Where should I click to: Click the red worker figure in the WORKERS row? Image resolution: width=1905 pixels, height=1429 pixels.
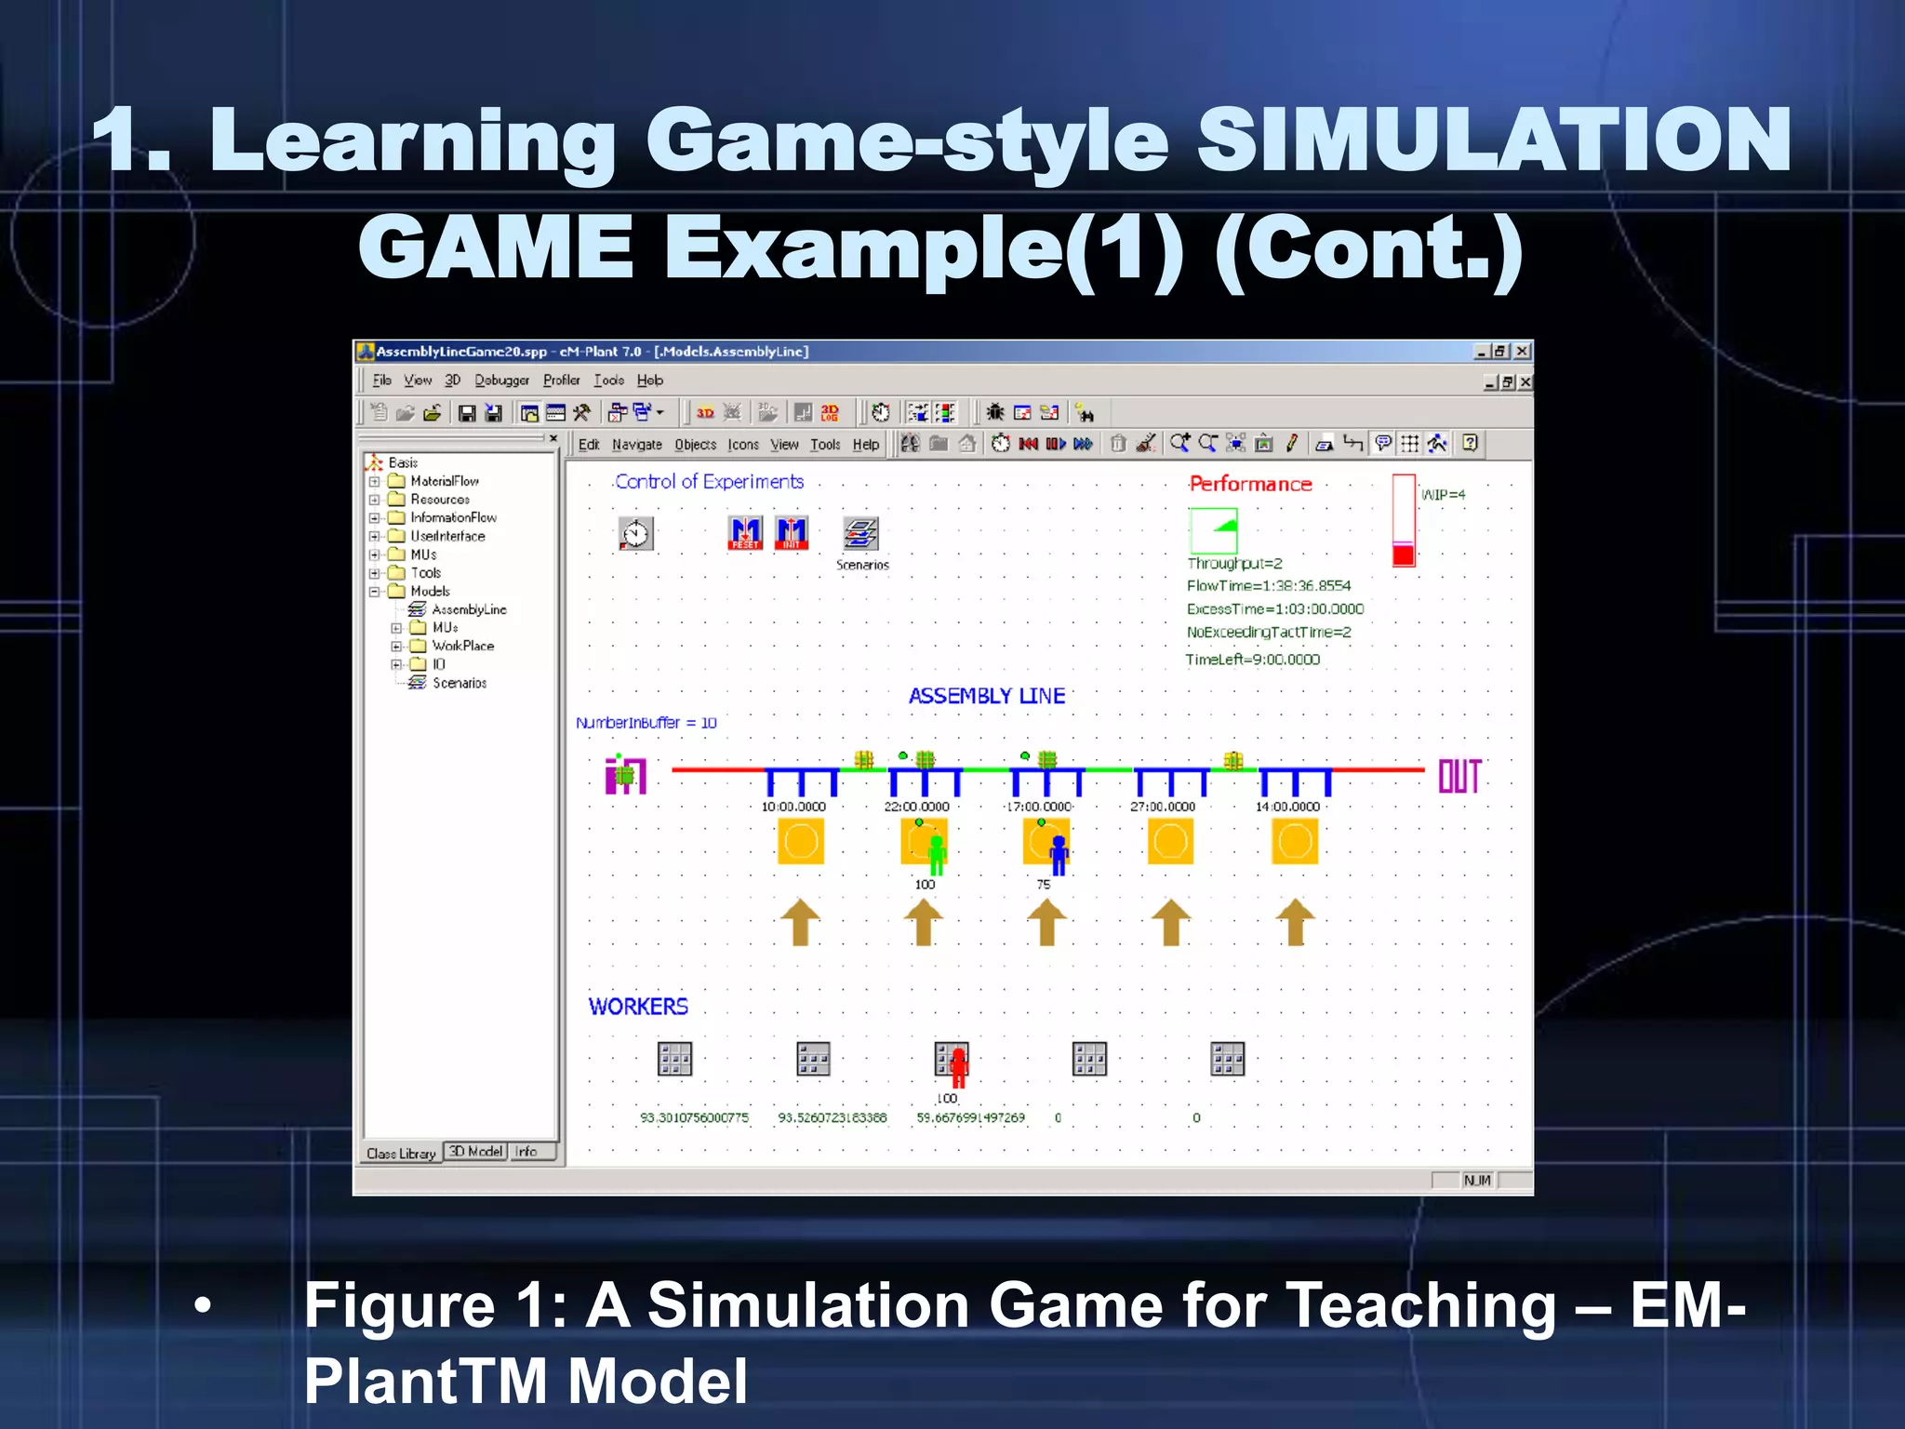coord(958,1066)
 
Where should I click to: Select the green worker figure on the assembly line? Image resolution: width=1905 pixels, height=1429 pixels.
coord(937,854)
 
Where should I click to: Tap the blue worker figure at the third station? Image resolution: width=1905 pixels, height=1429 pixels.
coord(1059,854)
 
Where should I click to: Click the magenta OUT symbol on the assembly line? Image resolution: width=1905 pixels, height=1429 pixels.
coord(1459,776)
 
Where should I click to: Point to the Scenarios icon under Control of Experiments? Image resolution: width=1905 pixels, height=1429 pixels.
coord(861,534)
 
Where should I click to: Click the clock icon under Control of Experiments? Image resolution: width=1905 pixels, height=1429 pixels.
coord(636,534)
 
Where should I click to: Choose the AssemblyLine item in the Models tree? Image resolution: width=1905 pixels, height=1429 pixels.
coord(469,609)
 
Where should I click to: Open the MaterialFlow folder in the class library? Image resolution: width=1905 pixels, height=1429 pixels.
coord(445,481)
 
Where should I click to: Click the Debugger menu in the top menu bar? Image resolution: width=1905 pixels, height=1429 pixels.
coord(501,380)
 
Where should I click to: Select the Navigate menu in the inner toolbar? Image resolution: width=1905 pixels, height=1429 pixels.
coord(637,445)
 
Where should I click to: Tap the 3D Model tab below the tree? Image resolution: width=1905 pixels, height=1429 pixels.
coord(476,1152)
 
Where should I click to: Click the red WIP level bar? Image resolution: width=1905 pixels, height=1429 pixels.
coord(1404,555)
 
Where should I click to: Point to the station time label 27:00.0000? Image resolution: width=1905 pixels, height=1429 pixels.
coord(1163,807)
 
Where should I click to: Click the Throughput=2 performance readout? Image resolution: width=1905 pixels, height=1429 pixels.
coord(1234,563)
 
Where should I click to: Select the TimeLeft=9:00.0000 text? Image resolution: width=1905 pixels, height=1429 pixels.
coord(1252,660)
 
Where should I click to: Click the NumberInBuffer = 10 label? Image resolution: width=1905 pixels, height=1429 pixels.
coord(646,723)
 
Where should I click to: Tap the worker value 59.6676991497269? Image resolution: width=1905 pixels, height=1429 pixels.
coord(970,1117)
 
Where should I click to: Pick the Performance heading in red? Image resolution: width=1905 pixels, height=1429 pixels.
coord(1250,484)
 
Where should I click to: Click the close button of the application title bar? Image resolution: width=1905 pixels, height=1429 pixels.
coord(1522,351)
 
